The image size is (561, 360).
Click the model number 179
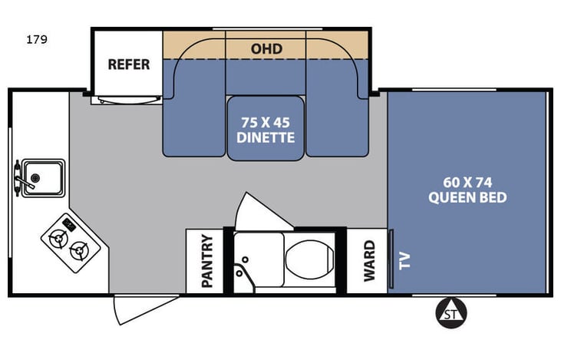click(37, 39)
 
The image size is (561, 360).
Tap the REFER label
click(129, 64)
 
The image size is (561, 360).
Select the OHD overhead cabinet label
click(266, 48)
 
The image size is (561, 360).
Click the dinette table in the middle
click(266, 128)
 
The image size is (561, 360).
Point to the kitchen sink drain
click(35, 178)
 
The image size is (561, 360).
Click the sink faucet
click(21, 178)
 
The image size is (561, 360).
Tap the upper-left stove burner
click(58, 239)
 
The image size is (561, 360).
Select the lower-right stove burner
click(79, 251)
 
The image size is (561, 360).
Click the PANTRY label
click(207, 260)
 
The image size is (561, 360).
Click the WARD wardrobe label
click(369, 261)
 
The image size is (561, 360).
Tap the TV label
click(404, 261)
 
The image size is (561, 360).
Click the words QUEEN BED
click(467, 197)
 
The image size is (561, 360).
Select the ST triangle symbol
click(451, 312)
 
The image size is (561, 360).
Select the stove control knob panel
click(69, 224)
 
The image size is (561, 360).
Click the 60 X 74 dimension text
click(467, 183)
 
